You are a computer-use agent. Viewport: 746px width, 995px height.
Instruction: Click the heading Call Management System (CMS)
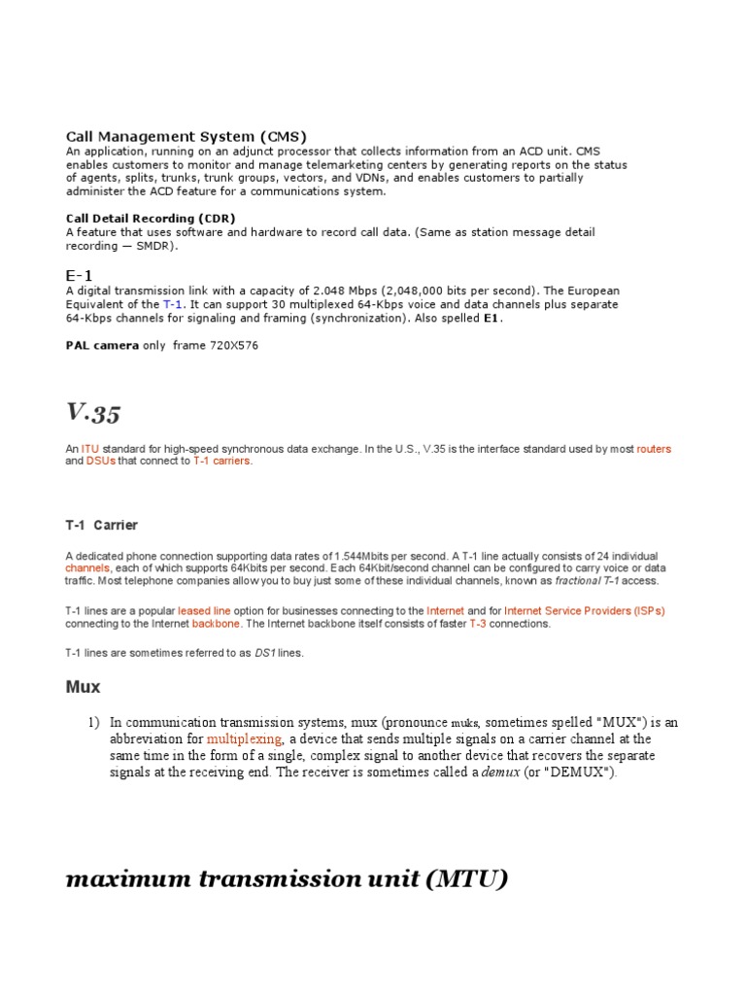(186, 137)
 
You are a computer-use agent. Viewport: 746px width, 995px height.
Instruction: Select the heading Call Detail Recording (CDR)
(151, 219)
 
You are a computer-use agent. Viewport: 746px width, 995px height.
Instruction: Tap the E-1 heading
(80, 276)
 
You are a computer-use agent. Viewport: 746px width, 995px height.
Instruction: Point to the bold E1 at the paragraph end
(492, 318)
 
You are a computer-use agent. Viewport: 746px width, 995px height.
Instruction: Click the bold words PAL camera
(102, 345)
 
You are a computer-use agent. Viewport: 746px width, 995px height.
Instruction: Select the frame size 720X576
(234, 345)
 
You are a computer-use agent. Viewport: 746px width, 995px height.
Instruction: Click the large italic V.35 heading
(93, 412)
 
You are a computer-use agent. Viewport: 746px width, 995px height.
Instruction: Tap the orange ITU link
(89, 449)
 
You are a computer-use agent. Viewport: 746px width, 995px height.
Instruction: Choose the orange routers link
(654, 449)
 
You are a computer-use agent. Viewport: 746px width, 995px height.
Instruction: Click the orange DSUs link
(101, 462)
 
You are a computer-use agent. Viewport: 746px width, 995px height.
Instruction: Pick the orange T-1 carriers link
(222, 462)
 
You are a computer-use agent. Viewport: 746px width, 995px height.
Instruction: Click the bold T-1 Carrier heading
(102, 526)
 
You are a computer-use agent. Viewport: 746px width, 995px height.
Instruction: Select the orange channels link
(88, 567)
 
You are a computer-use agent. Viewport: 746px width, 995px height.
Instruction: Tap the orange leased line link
(203, 610)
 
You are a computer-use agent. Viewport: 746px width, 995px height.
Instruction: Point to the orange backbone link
(216, 624)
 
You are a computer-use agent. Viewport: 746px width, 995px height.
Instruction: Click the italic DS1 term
(265, 653)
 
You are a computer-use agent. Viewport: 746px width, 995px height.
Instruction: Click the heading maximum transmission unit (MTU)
(287, 879)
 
